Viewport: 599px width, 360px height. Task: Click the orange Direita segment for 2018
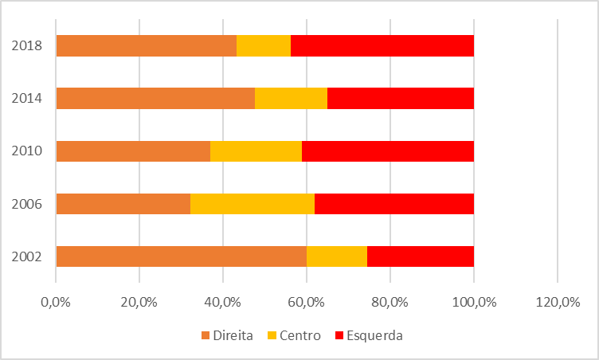[147, 46]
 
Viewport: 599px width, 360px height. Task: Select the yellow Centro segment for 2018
[264, 46]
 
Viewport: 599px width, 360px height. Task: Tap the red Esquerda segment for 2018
[382, 46]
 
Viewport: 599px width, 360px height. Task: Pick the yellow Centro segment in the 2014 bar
[291, 99]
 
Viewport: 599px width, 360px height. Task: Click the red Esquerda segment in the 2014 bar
[401, 99]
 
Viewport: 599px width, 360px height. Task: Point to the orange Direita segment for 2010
[133, 151]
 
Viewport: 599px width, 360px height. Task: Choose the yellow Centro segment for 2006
[253, 204]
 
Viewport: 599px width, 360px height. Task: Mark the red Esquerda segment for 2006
[394, 204]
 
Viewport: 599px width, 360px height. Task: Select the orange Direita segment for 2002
[182, 256]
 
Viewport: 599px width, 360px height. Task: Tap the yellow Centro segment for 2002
[337, 256]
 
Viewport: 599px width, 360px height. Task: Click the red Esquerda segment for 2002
[421, 256]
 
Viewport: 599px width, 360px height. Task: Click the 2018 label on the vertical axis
[27, 46]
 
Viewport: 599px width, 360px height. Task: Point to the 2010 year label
[27, 151]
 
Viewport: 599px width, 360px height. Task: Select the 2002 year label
[27, 256]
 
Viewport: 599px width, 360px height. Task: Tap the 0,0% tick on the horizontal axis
[56, 302]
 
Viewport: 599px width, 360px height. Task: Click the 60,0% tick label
[307, 302]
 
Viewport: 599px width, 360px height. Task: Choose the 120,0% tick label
[557, 302]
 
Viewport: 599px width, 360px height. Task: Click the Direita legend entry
[227, 335]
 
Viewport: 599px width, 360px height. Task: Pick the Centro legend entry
[294, 335]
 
